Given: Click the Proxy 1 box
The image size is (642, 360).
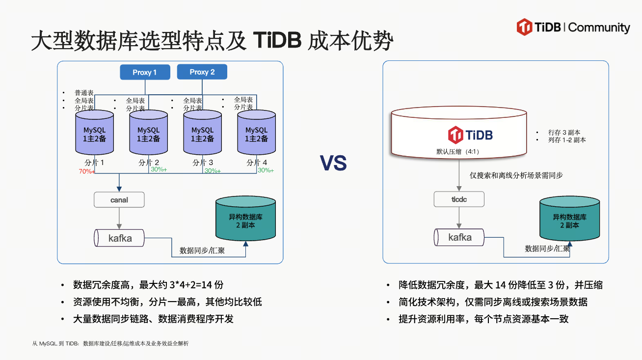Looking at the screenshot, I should [145, 72].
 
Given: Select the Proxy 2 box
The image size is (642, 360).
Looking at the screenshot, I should [202, 72].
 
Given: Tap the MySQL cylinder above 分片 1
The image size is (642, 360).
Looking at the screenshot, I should [94, 134].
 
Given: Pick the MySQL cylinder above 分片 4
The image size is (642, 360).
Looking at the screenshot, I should [256, 134].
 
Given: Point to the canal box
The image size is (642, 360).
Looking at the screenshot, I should [119, 200].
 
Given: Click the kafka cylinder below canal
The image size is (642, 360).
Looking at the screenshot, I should [120, 239].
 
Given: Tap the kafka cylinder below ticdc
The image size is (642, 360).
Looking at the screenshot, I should [459, 238].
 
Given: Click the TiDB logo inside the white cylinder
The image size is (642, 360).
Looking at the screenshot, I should [470, 135].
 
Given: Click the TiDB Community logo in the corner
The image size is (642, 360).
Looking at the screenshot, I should [573, 28].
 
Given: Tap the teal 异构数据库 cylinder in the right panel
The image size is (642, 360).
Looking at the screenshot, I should [569, 222].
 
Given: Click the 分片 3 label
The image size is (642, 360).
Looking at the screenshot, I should [203, 163].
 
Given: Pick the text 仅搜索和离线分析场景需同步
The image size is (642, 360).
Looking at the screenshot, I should [516, 175].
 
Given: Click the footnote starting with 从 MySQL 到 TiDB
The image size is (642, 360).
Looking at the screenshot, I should [110, 344].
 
